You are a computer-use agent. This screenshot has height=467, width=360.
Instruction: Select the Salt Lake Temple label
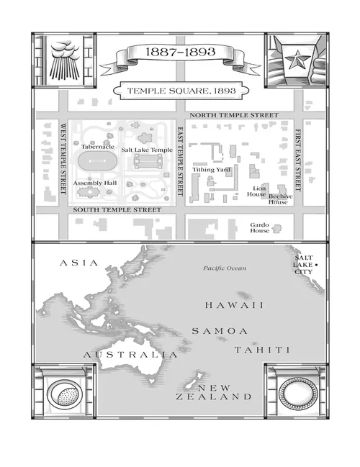point(147,150)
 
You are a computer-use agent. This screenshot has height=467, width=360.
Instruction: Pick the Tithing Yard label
point(210,170)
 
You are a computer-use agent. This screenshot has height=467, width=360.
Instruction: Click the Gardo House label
point(259,227)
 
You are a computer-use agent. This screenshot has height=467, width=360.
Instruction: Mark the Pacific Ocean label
point(224,268)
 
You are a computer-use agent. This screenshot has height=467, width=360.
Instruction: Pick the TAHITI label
point(261,350)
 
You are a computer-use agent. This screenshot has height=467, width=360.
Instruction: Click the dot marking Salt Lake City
point(316,266)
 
